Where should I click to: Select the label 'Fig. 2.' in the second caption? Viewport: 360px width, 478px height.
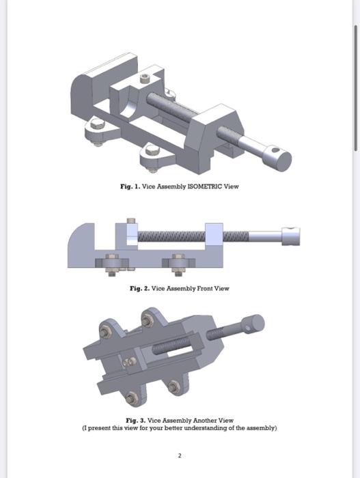pyautogui.click(x=139, y=288)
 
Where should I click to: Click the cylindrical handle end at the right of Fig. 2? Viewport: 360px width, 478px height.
pyautogui.click(x=290, y=236)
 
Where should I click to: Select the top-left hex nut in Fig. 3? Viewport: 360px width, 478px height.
pyautogui.click(x=106, y=333)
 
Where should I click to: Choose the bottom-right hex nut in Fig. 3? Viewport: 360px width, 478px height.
pyautogui.click(x=174, y=388)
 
